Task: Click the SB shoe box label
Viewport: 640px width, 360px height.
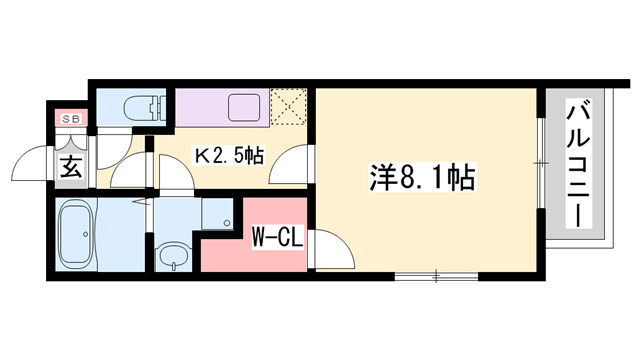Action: coord(70,118)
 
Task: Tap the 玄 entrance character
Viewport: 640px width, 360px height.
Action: coord(72,166)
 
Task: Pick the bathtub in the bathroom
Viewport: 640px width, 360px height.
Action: coord(76,232)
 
